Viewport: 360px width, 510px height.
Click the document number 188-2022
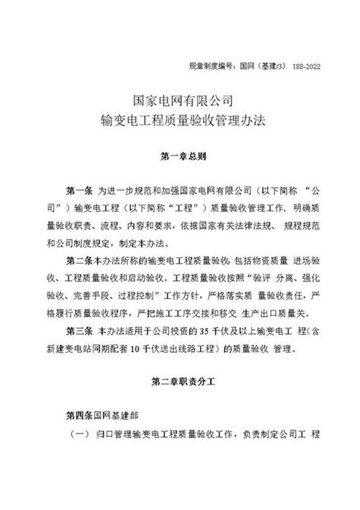[306, 66]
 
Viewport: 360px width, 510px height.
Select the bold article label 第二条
[78, 259]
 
